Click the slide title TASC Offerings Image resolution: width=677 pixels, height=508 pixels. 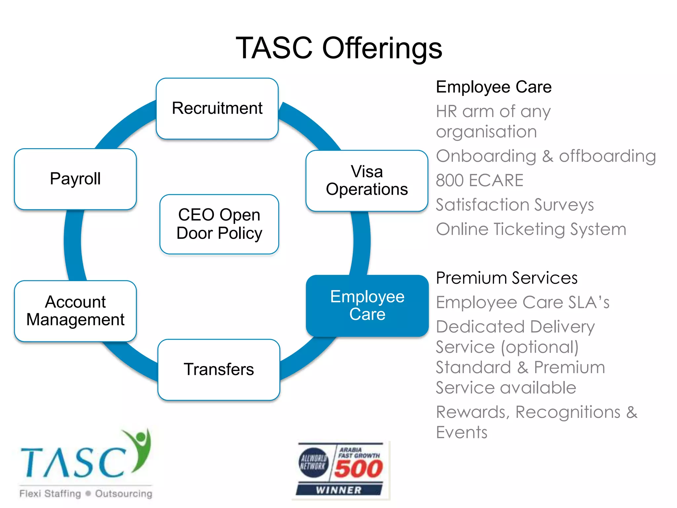(x=339, y=48)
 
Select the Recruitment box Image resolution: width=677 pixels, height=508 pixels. (x=217, y=108)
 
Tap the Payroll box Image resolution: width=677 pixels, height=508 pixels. (x=75, y=179)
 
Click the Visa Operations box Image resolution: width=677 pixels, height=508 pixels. (x=367, y=181)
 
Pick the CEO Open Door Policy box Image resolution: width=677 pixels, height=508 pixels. (x=219, y=224)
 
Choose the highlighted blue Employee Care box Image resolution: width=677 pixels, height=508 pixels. (x=367, y=305)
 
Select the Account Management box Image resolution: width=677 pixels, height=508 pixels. (x=75, y=311)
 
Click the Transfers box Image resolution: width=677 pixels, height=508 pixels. (x=219, y=369)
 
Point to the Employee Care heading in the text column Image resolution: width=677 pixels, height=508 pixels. (x=494, y=87)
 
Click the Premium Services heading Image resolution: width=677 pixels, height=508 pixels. (x=506, y=278)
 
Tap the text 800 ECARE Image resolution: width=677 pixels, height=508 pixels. (x=479, y=181)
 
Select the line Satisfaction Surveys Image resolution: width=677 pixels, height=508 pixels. (x=515, y=205)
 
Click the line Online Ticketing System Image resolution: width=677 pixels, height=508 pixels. (x=531, y=229)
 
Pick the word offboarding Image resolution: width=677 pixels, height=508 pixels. (x=607, y=156)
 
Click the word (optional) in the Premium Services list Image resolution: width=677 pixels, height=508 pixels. (x=540, y=347)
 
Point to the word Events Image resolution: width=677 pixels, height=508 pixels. (x=461, y=433)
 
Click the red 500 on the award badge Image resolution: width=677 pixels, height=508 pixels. (x=358, y=469)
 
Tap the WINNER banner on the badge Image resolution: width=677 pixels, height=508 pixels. (x=338, y=490)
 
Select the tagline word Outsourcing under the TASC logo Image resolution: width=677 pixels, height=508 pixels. (x=124, y=494)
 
